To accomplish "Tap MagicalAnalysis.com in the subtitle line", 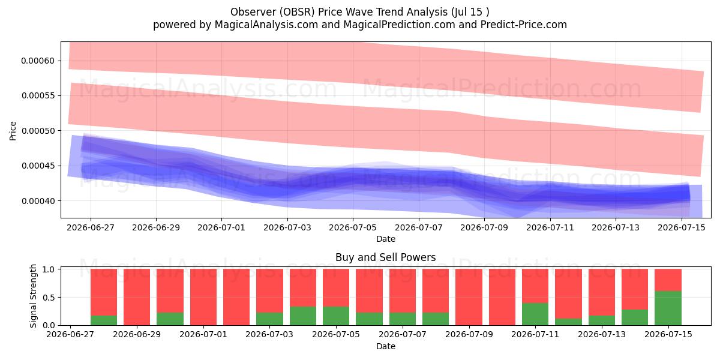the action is click(266, 25).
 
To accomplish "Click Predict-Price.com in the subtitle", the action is click(524, 25).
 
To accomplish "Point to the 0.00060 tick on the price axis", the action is click(38, 61).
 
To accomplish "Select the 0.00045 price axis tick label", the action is click(38, 166).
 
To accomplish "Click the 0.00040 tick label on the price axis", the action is click(38, 201).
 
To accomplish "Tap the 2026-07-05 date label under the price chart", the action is click(353, 227).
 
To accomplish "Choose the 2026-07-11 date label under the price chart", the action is click(550, 227).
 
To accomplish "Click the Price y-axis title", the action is click(13, 131).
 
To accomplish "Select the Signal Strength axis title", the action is click(33, 296).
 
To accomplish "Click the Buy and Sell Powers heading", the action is click(385, 257).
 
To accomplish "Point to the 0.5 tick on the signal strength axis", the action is click(49, 298).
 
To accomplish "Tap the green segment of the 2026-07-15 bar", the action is click(668, 308).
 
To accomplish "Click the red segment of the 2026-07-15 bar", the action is click(668, 280).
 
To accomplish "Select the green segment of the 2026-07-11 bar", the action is click(535, 314).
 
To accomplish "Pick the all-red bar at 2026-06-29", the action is click(137, 297).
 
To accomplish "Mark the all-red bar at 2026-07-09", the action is click(469, 297).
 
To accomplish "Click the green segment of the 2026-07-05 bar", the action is click(336, 316).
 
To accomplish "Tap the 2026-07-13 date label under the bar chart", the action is click(602, 334).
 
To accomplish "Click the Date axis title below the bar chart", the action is click(386, 346).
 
